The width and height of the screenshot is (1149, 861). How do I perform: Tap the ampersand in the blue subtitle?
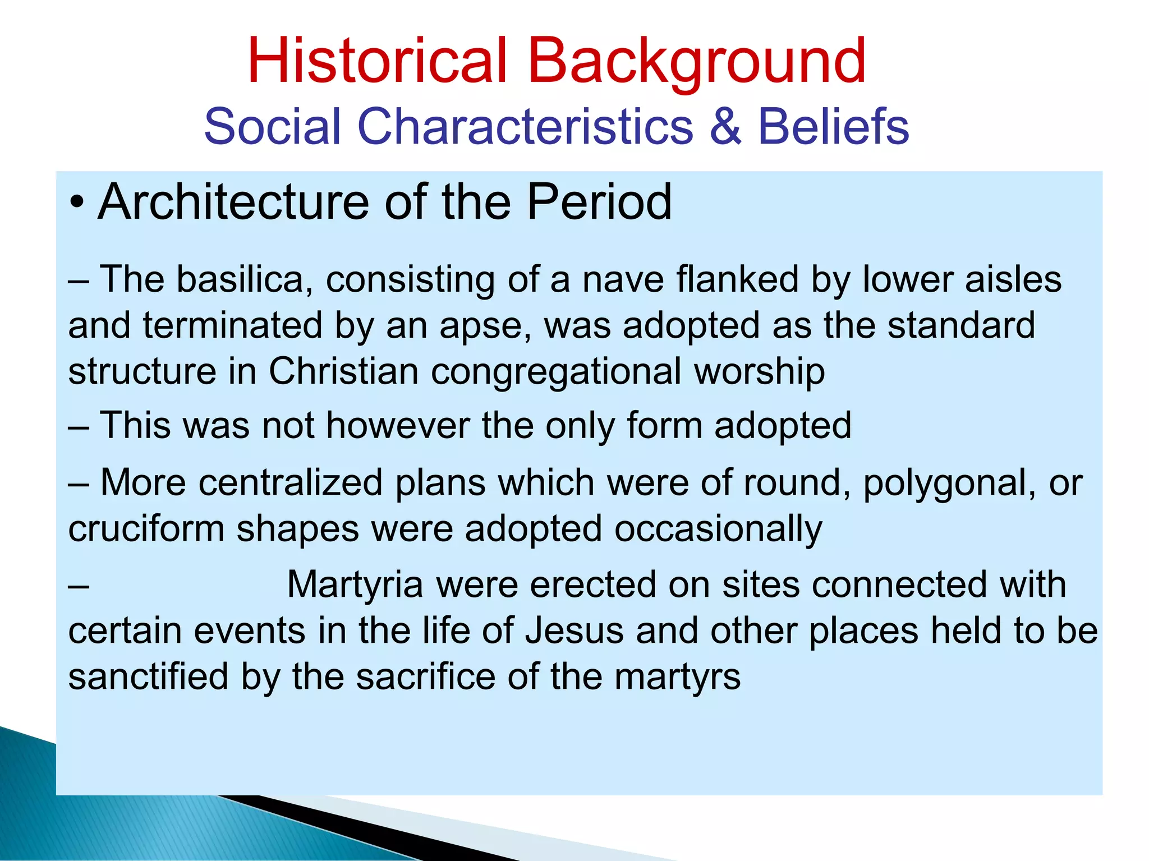click(x=725, y=126)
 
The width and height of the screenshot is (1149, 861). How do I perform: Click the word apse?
click(x=485, y=326)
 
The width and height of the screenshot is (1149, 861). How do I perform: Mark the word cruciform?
click(x=146, y=529)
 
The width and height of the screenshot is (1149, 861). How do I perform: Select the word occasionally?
click(x=718, y=529)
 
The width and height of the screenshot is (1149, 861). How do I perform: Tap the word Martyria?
click(x=355, y=584)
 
